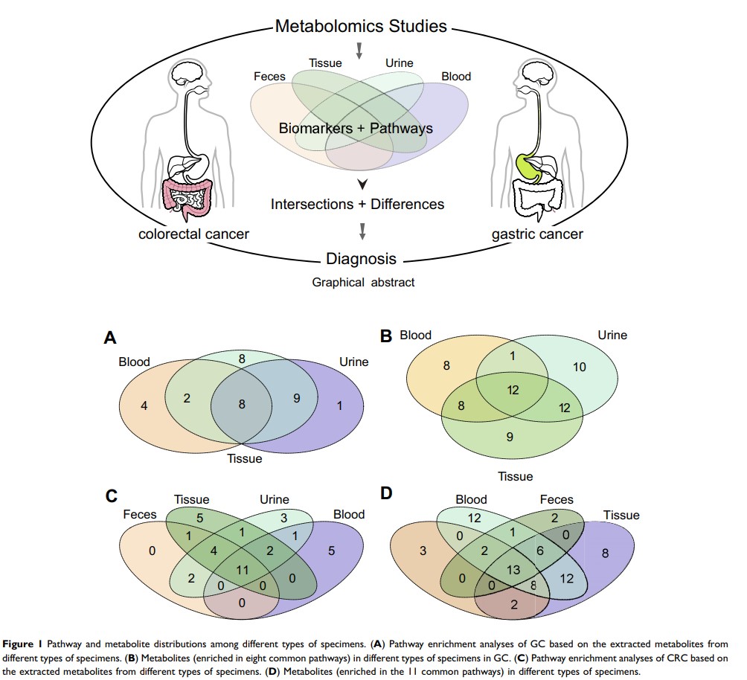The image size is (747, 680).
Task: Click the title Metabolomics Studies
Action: click(x=361, y=27)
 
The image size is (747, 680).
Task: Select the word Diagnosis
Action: click(x=361, y=260)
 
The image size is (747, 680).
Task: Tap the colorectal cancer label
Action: click(x=193, y=234)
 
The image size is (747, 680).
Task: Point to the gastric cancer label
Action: click(x=537, y=234)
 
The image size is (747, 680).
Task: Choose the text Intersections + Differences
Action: click(x=357, y=204)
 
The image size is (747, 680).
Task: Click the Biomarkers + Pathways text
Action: click(x=356, y=129)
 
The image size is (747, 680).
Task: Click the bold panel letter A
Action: click(x=110, y=339)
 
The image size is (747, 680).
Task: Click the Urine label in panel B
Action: click(x=612, y=336)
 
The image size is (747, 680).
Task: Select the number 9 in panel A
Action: click(x=295, y=399)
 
